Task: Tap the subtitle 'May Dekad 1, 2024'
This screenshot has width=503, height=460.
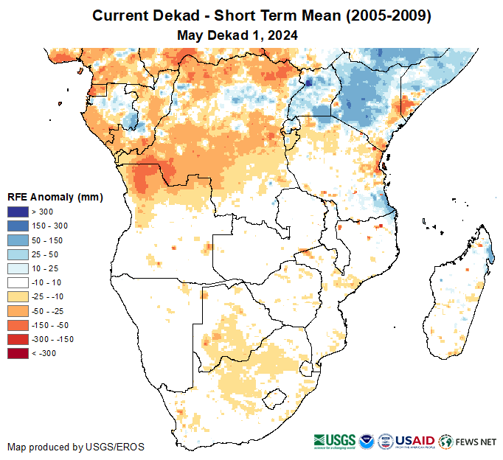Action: (x=237, y=35)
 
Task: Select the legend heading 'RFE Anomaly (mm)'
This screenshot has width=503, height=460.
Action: (x=55, y=197)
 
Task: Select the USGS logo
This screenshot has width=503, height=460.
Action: (x=333, y=441)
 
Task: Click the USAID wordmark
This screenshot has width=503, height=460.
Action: (x=415, y=441)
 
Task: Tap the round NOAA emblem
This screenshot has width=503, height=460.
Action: (x=366, y=441)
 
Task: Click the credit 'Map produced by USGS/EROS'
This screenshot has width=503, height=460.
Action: (x=76, y=447)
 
